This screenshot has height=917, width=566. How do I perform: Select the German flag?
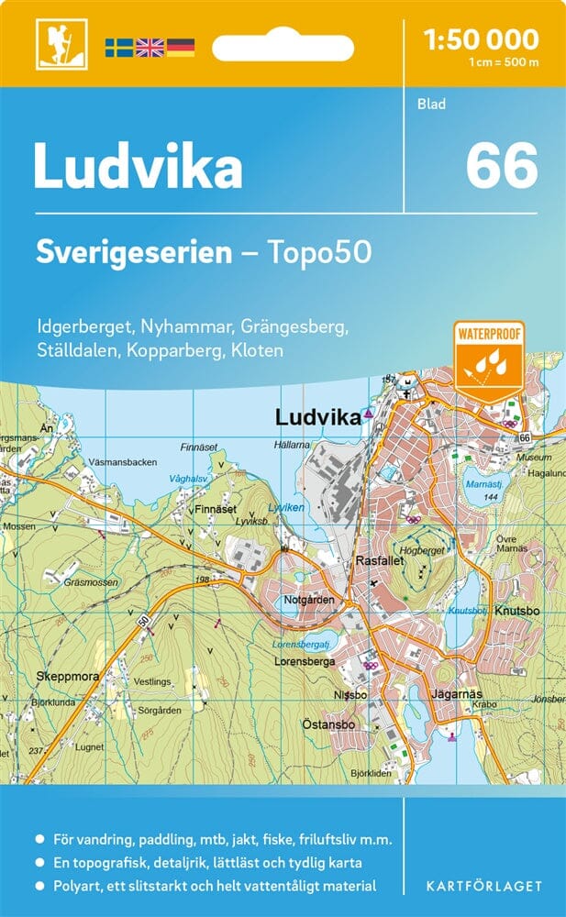tap(181, 47)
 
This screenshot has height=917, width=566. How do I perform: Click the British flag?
tap(150, 47)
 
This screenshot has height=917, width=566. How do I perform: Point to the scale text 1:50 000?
tap(482, 39)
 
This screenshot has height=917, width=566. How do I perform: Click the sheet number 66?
tap(501, 166)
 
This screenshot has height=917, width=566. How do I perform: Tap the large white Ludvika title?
tap(138, 168)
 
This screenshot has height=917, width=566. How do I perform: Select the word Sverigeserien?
tap(134, 252)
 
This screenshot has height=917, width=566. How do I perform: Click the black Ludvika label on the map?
tap(317, 417)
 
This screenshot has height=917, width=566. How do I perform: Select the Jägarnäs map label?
tap(456, 693)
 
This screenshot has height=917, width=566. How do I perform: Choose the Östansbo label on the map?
tap(333, 724)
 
